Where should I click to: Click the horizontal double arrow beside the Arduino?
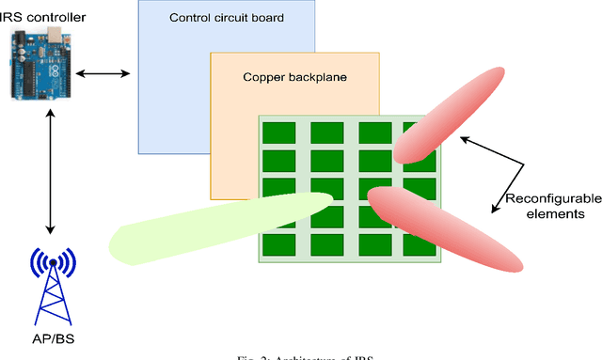(x=103, y=72)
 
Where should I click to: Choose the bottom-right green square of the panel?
(x=414, y=245)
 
